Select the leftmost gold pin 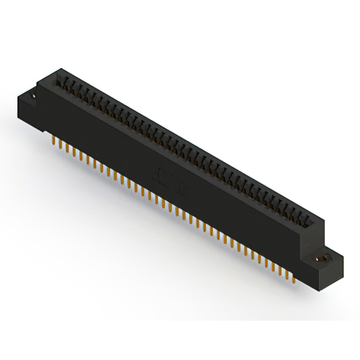click(x=53, y=138)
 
